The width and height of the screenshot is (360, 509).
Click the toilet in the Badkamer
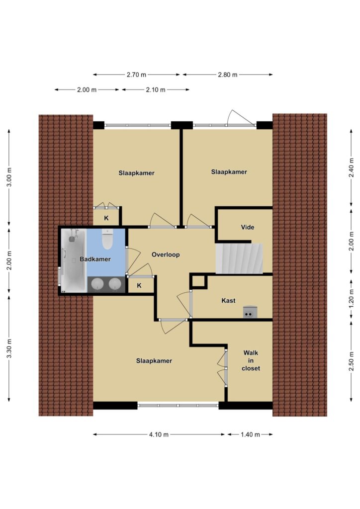pyautogui.click(x=107, y=239)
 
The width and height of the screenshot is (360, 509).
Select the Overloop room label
pyautogui.click(x=166, y=254)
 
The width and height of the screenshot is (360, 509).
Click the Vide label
pyautogui.click(x=247, y=227)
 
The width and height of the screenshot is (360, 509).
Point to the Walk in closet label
pyautogui.click(x=251, y=360)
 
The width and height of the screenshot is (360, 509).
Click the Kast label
pyautogui.click(x=228, y=301)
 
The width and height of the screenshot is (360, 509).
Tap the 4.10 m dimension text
pyautogui.click(x=159, y=434)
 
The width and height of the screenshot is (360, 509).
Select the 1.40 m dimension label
pyautogui.click(x=250, y=434)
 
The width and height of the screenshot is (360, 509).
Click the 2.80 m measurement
pyautogui.click(x=228, y=75)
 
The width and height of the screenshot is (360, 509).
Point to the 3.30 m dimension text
pyautogui.click(x=9, y=348)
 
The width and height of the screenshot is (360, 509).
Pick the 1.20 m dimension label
pyautogui.click(x=351, y=303)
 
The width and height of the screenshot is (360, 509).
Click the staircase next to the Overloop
pyautogui.click(x=239, y=258)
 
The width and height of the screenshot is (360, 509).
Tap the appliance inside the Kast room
pyautogui.click(x=250, y=312)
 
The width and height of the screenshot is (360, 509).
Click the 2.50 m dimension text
pyautogui.click(x=351, y=361)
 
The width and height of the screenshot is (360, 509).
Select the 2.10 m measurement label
pyautogui.click(x=156, y=89)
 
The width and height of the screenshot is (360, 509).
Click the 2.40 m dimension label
pyautogui.click(x=351, y=168)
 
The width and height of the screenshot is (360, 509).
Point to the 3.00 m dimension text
pyautogui.click(x=9, y=177)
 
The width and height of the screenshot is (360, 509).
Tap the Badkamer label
pyautogui.click(x=95, y=259)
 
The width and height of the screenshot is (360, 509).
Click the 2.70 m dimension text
pyautogui.click(x=136, y=75)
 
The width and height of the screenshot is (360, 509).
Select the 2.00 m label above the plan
pyautogui.click(x=87, y=89)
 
